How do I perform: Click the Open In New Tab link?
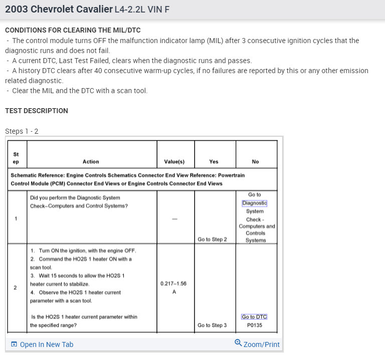coord(46,344)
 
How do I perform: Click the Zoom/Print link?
coord(261,344)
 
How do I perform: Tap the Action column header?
coord(91,162)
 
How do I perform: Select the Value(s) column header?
coord(174,162)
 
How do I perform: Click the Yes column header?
coord(214,162)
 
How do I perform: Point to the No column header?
coord(255,162)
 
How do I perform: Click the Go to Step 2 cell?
coord(212,239)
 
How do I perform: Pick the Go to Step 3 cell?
coord(212,325)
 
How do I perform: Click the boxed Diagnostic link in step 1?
coord(255,203)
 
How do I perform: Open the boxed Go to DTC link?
coord(254,317)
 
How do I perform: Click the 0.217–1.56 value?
coord(173,283)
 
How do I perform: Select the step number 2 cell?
coord(16,287)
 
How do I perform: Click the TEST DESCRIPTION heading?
coord(37,111)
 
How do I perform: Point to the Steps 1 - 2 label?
coord(22,131)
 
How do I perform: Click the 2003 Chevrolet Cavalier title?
coord(58,10)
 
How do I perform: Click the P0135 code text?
coord(255,325)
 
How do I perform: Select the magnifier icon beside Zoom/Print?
coord(238,343)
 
